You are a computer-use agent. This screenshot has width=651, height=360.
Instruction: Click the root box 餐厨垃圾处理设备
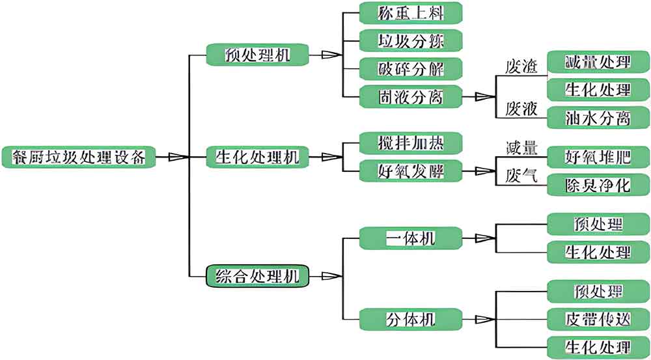79,157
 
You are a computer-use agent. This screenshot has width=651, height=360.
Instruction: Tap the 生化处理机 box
257,157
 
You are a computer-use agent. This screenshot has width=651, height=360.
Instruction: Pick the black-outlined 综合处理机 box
257,276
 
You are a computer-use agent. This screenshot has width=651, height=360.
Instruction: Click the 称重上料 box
411,12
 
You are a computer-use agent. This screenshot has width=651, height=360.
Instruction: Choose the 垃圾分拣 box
411,40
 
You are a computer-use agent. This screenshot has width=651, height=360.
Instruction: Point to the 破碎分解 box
411,68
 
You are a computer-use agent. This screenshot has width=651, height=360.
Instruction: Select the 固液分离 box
411,96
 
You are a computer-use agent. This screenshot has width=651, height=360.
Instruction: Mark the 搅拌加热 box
411,143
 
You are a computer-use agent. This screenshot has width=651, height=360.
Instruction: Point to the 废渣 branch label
521,66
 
